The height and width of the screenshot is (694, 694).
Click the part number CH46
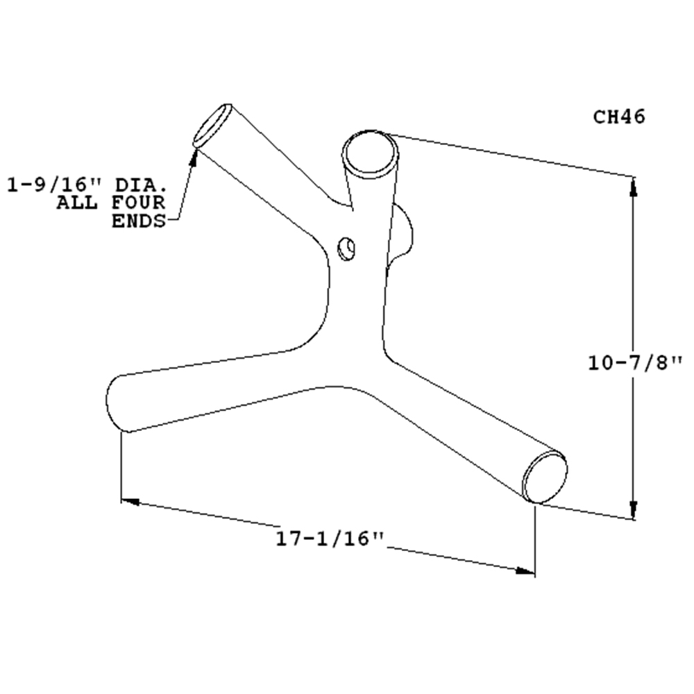(619, 117)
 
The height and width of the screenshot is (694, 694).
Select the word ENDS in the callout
(139, 221)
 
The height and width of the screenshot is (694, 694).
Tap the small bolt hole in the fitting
(346, 247)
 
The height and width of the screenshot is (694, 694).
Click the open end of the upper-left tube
(212, 126)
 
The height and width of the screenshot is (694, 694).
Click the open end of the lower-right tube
(545, 477)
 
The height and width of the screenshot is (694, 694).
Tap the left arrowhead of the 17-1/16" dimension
(130, 500)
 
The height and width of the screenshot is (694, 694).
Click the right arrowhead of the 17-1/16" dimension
(527, 570)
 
